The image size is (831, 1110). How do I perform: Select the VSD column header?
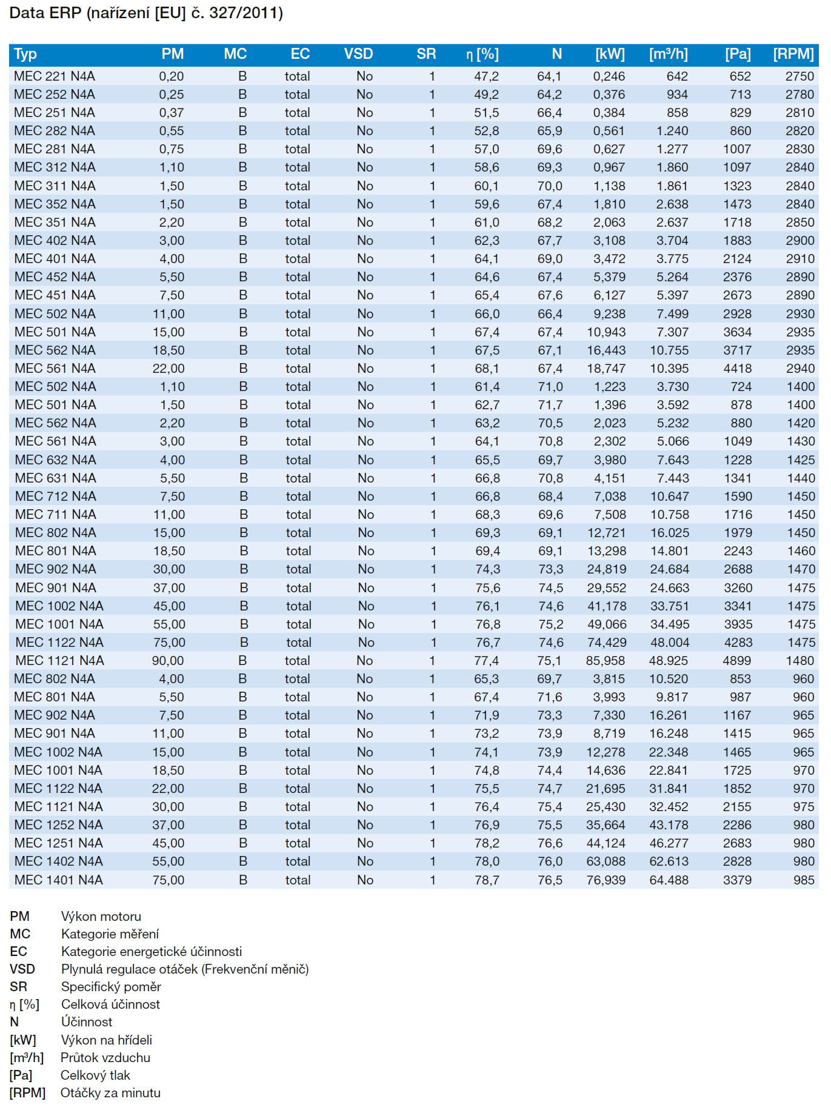pos(358,54)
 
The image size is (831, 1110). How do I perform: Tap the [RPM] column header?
pos(793,54)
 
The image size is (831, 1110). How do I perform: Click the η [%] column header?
pos(482,55)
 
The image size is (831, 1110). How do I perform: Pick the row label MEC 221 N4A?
pos(55,76)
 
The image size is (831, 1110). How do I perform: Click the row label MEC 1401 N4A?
pos(59,880)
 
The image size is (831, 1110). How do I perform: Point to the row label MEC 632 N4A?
pos(55,460)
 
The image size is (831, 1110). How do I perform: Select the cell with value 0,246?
pos(609,76)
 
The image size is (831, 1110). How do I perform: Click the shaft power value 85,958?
pos(605,661)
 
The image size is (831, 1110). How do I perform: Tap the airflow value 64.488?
pos(669,880)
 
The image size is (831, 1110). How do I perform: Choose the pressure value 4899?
pos(736,661)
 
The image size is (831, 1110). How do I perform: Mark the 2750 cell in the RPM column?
pos(799,76)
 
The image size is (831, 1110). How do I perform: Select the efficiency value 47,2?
pos(486,76)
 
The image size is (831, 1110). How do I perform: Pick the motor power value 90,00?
pos(168,661)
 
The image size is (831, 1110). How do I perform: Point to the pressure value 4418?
pos(737,369)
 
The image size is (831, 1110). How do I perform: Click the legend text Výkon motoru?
pos(101,917)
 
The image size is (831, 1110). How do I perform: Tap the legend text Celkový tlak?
pos(95,1075)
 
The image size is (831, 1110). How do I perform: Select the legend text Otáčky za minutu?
pos(110,1093)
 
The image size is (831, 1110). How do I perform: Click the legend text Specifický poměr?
pos(111,987)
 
